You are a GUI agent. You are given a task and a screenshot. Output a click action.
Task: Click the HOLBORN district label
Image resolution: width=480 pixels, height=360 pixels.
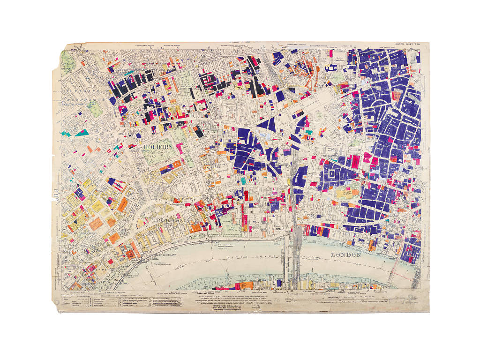158,147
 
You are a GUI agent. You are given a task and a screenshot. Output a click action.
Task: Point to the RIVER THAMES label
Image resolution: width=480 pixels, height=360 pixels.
253,256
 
